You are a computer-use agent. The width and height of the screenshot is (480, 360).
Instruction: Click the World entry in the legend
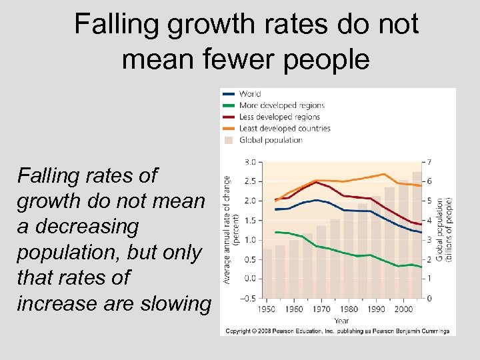pos(250,94)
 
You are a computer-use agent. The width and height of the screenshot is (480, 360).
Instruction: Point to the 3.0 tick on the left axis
pos(251,162)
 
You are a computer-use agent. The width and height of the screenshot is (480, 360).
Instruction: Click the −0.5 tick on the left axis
pos(248,298)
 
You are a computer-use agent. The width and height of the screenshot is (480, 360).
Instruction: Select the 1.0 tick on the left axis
pos(251,240)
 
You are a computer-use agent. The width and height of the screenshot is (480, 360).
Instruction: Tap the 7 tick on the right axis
pos(429,162)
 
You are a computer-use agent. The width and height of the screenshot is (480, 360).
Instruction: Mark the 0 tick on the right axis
pos(429,298)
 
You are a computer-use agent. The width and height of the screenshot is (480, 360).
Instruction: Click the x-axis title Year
pos(341,321)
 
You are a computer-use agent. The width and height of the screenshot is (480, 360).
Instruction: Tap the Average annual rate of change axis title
pos(231,230)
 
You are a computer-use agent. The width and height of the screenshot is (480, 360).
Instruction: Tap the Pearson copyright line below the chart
pos(337,331)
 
